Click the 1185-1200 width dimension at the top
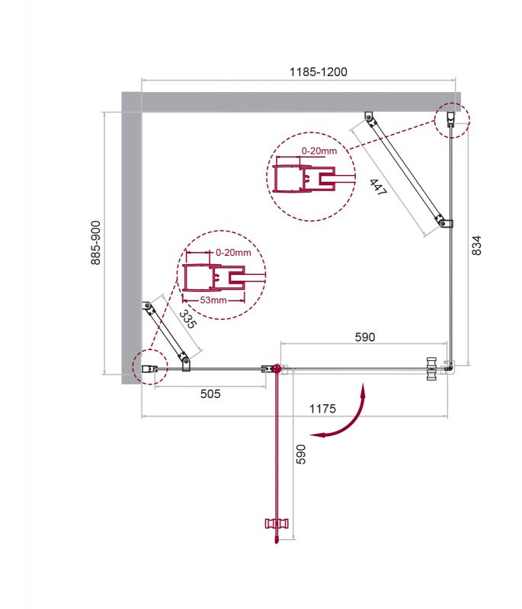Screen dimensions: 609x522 tap(318, 72)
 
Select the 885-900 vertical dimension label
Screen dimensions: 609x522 tap(96, 244)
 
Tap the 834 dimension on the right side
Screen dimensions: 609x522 tap(477, 244)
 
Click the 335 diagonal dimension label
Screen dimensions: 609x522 tap(188, 319)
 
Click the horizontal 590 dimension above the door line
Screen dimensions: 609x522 tap(365, 336)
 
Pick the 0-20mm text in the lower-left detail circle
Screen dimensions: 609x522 tap(232, 253)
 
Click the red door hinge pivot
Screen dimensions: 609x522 tap(276, 369)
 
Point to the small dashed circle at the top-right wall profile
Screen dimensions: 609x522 tap(453, 120)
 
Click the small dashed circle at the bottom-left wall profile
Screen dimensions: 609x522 tap(149, 368)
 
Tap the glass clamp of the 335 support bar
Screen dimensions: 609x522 tap(184, 359)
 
